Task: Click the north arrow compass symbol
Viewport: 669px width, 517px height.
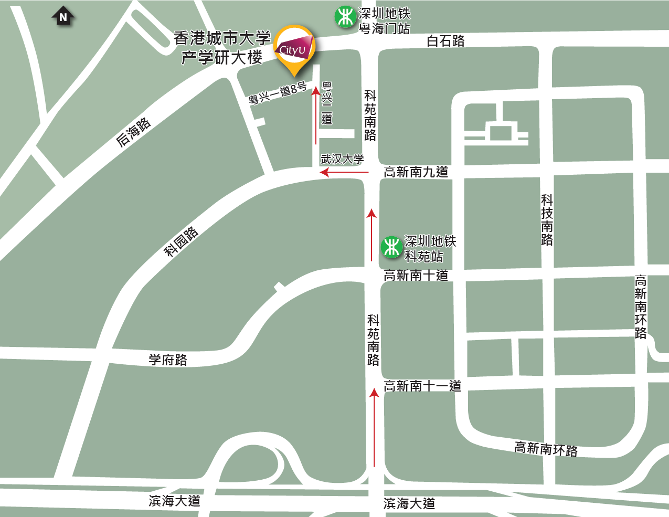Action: pos(63,17)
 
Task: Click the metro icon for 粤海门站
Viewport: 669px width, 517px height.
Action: pos(345,17)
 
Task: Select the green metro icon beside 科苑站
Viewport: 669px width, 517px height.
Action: pos(391,247)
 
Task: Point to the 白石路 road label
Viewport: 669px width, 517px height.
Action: pos(445,41)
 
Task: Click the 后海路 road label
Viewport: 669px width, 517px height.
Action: pos(134,132)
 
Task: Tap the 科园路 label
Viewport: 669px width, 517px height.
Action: pos(181,242)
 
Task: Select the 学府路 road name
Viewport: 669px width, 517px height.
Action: pos(168,360)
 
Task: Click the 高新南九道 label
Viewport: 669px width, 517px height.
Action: pos(416,172)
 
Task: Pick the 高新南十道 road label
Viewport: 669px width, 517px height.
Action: pos(416,276)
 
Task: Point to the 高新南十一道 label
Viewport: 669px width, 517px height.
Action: pos(422,386)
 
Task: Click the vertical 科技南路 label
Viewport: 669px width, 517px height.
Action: pos(547,220)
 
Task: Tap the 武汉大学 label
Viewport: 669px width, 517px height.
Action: pos(342,159)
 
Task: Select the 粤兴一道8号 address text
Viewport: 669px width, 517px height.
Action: pos(278,93)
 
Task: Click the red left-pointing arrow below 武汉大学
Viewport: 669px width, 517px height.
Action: pos(344,172)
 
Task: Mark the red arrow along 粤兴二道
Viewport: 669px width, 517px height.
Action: pos(316,115)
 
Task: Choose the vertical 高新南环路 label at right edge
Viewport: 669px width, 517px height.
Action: pos(641,307)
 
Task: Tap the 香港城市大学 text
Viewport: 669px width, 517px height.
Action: pos(222,38)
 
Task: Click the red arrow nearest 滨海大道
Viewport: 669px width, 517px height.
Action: pos(374,427)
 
